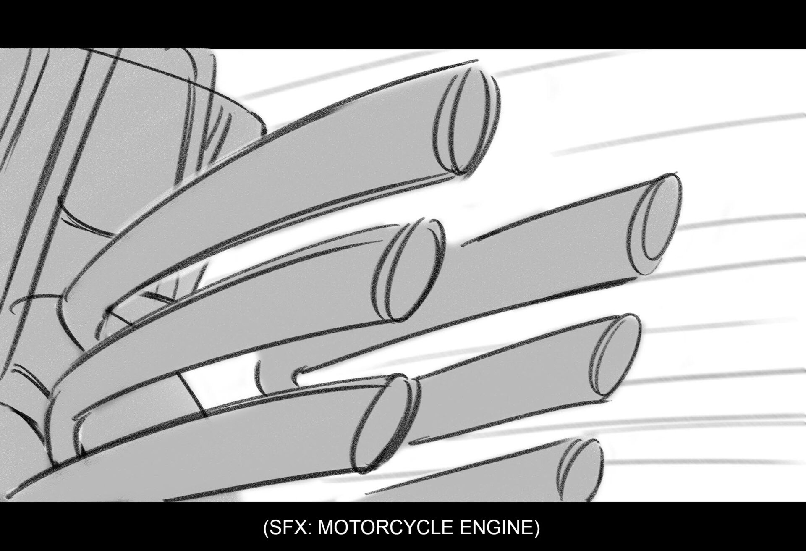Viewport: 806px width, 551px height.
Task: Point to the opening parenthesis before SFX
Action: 266,527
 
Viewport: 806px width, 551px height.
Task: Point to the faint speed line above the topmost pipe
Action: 361,78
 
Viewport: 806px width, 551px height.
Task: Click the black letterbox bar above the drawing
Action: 403,24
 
